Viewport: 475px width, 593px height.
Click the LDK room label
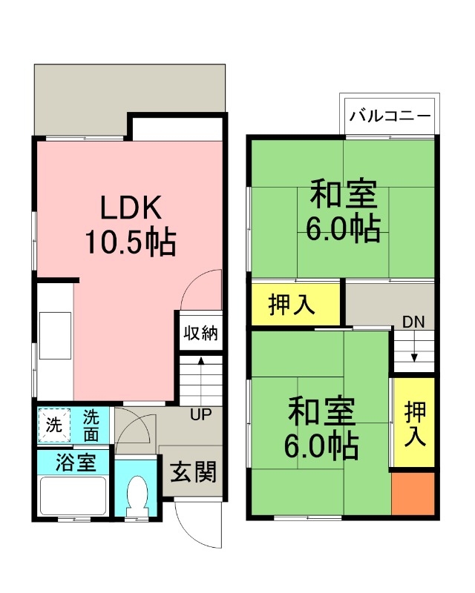pyautogui.click(x=131, y=208)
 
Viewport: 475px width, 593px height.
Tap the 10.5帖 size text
pyautogui.click(x=131, y=242)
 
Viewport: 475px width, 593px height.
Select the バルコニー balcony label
pyautogui.click(x=390, y=116)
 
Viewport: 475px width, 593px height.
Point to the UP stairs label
pyautogui.click(x=200, y=414)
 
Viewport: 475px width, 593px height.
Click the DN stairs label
pyautogui.click(x=413, y=321)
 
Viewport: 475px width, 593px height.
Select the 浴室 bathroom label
pyautogui.click(x=75, y=463)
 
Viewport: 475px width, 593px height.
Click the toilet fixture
pyautogui.click(x=136, y=494)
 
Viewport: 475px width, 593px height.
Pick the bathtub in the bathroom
pyautogui.click(x=73, y=495)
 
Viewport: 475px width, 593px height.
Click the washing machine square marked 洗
pyautogui.click(x=54, y=425)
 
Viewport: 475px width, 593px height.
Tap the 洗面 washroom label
pyautogui.click(x=91, y=425)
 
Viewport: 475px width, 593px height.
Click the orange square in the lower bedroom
pyautogui.click(x=413, y=492)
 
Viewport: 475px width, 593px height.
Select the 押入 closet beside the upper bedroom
pyautogui.click(x=292, y=305)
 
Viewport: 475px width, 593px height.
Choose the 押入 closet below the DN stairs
pyautogui.click(x=414, y=423)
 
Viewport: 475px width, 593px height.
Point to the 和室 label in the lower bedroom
pyautogui.click(x=322, y=411)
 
